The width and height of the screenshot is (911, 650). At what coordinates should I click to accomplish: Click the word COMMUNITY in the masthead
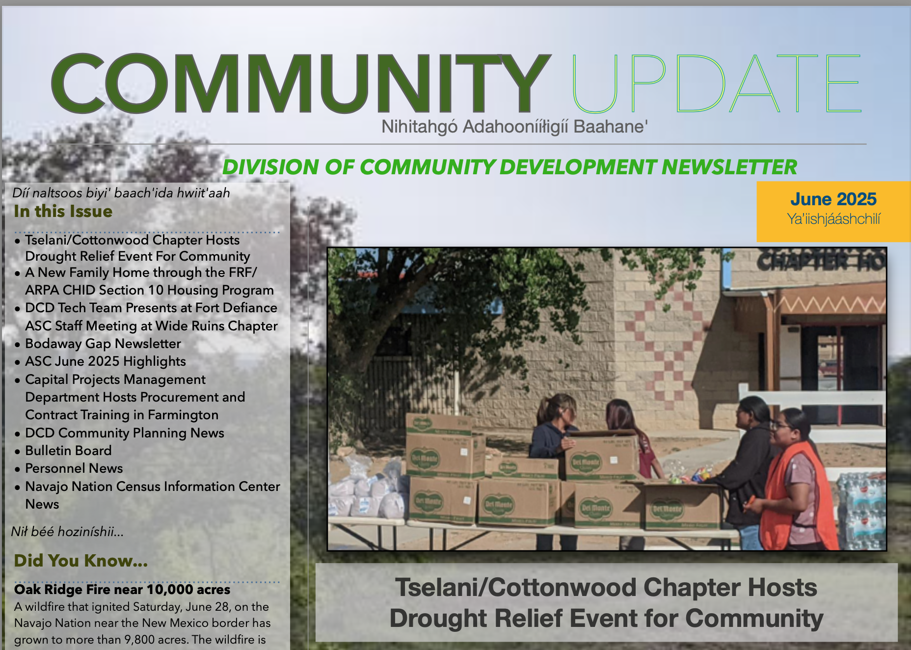300,83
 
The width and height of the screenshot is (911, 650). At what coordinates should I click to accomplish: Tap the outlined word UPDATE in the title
717,83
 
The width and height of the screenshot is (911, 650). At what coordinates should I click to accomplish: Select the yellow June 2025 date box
833,212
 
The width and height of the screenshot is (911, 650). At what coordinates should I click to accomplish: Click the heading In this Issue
63,211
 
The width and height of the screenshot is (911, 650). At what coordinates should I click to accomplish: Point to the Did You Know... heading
80,561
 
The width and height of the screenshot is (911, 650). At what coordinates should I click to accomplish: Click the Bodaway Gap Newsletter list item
103,344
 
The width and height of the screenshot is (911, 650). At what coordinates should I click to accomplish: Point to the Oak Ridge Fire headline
122,589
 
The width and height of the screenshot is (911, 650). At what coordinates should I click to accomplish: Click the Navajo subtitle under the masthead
514,127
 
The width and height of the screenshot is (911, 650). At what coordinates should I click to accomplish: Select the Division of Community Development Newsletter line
509,167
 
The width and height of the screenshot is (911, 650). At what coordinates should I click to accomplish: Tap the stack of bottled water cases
862,511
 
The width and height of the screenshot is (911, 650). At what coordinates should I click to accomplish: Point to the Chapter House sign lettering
821,260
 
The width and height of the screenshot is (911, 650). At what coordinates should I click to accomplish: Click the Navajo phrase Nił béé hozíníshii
67,532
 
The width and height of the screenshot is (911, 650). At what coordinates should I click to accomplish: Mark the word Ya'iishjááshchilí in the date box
833,219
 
